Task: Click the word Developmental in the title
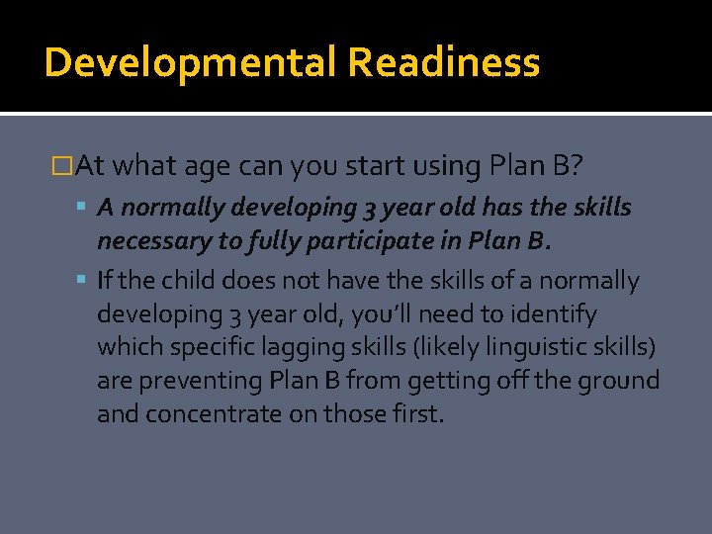(191, 62)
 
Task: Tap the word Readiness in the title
(443, 62)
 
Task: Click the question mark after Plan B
(576, 166)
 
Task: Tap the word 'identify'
(557, 314)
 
